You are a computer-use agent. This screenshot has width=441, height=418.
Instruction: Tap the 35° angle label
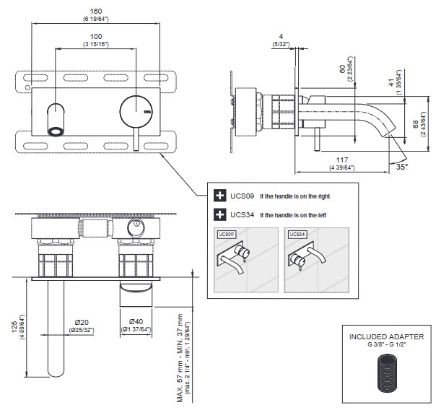click(x=402, y=166)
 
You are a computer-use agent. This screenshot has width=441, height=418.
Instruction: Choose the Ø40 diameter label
click(x=136, y=322)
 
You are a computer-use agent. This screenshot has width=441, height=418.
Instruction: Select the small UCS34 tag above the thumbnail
click(x=296, y=234)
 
